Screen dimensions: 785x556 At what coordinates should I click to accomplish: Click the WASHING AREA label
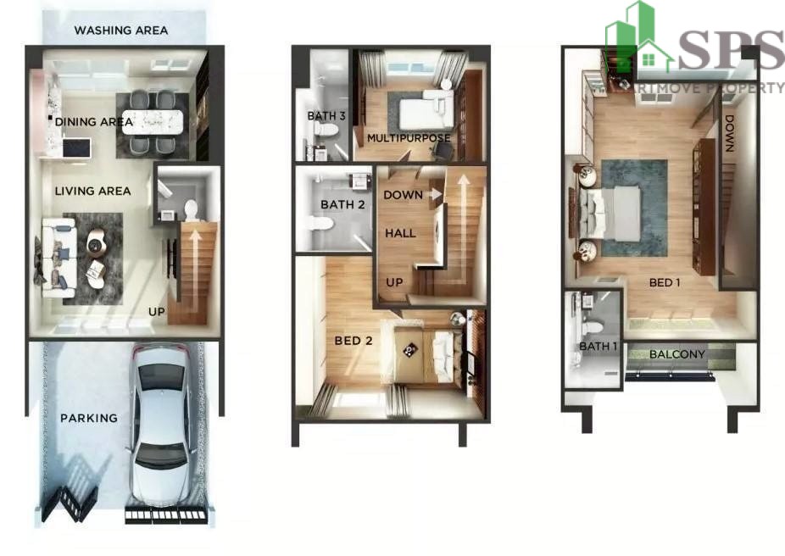pos(120,30)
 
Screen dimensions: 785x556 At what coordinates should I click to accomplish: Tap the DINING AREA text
pos(94,121)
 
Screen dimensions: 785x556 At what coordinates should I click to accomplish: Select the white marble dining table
pos(153,121)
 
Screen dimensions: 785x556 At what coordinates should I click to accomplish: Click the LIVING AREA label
pos(92,191)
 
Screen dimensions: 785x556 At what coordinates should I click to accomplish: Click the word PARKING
pos(89,418)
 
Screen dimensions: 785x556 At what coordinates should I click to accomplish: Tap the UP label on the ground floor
pos(156,311)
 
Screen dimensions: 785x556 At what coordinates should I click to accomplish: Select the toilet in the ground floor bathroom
pos(192,210)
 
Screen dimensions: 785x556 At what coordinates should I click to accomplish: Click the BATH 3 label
pos(326,115)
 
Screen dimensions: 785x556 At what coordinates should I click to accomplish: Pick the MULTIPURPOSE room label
pos(409,138)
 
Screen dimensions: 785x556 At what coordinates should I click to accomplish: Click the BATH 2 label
pos(342,204)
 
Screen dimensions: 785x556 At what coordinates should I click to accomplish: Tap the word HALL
pos(400,233)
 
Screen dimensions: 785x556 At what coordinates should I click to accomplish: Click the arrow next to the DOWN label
pos(435,194)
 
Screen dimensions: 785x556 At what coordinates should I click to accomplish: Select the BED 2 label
pos(354,341)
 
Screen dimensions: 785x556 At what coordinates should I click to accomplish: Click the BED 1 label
pos(665,283)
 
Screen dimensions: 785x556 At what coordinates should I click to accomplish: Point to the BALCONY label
pos(676,354)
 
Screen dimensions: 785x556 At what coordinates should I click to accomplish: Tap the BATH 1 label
pos(598,347)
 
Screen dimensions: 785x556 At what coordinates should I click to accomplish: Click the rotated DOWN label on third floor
pos(728,134)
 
